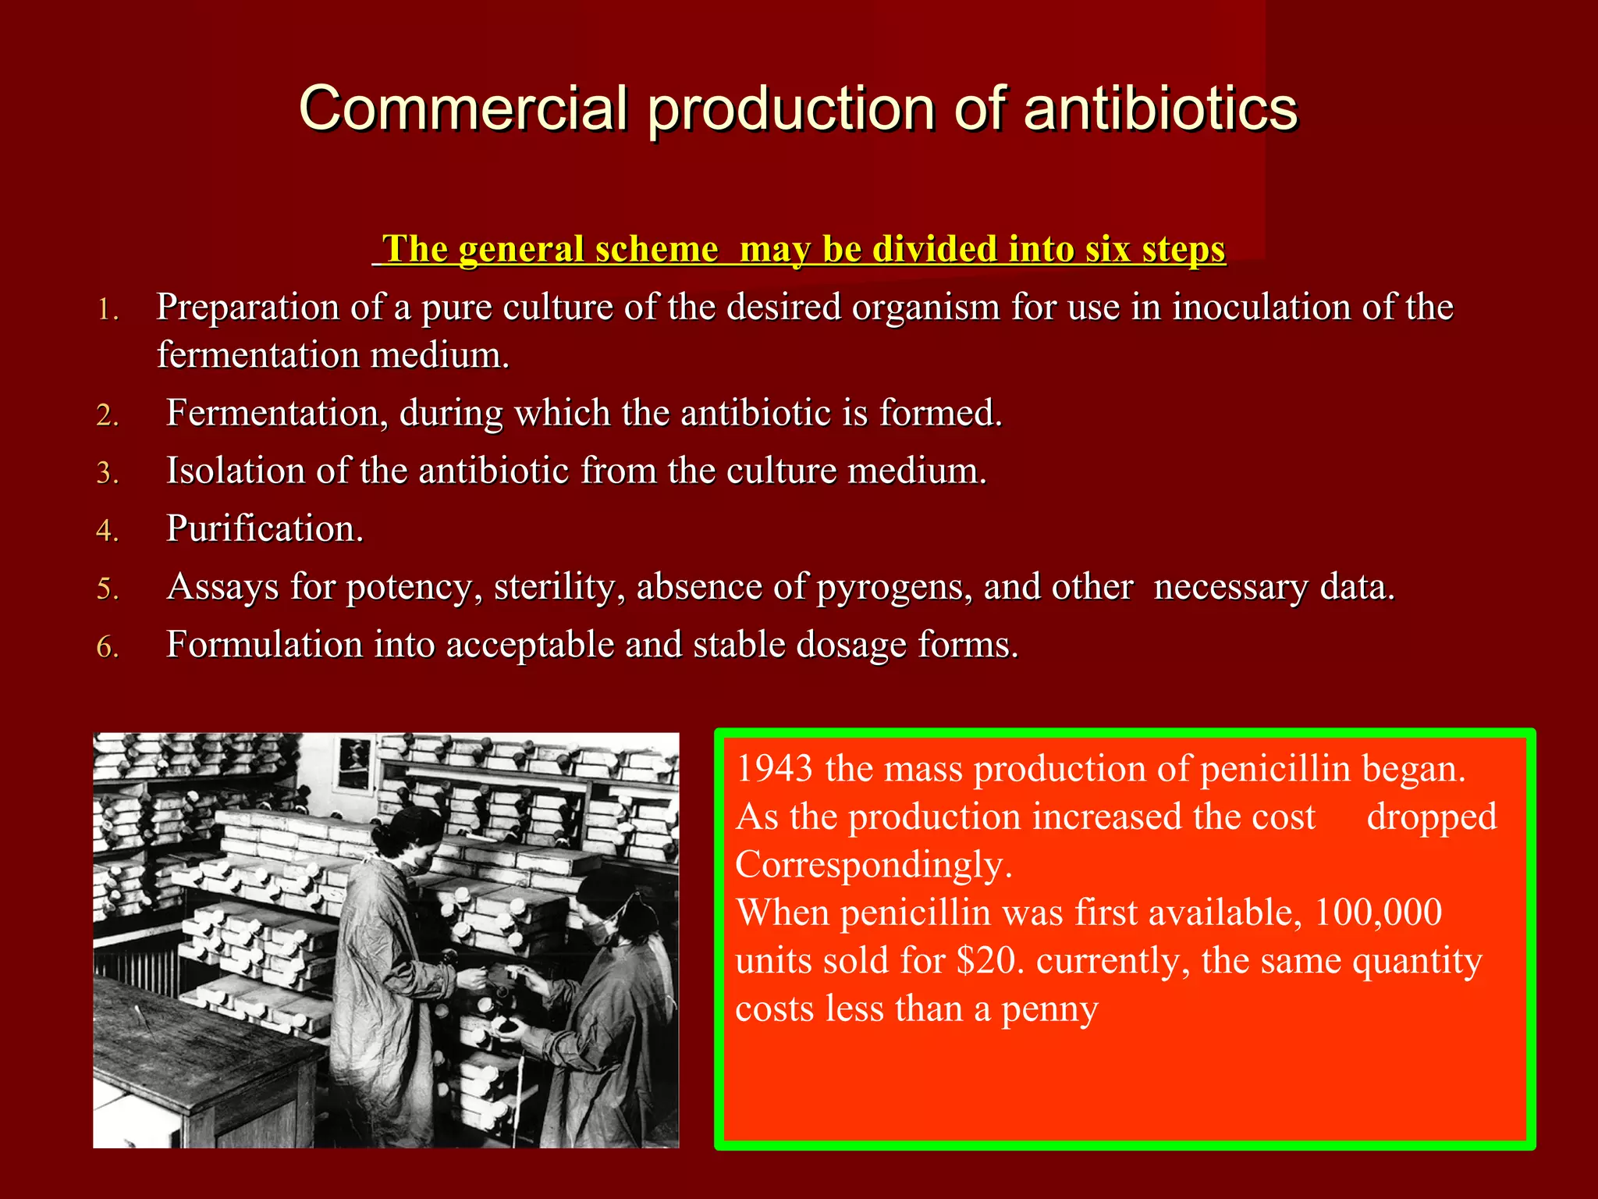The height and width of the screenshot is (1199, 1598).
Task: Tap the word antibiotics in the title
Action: pyautogui.click(x=1160, y=108)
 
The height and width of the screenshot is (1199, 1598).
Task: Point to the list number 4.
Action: pyautogui.click(x=108, y=531)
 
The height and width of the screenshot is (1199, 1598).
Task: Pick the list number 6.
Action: pyautogui.click(x=108, y=646)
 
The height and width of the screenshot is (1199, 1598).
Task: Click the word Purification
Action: pyautogui.click(x=265, y=528)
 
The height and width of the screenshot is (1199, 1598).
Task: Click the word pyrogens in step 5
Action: pyautogui.click(x=894, y=587)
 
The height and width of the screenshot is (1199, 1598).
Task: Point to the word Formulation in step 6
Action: pyautogui.click(x=265, y=645)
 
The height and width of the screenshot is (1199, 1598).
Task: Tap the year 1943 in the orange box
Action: pyautogui.click(x=774, y=769)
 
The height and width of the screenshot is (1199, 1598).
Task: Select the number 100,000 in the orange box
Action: pyautogui.click(x=1378, y=913)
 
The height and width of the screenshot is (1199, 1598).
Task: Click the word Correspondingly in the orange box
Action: pyautogui.click(x=874, y=865)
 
